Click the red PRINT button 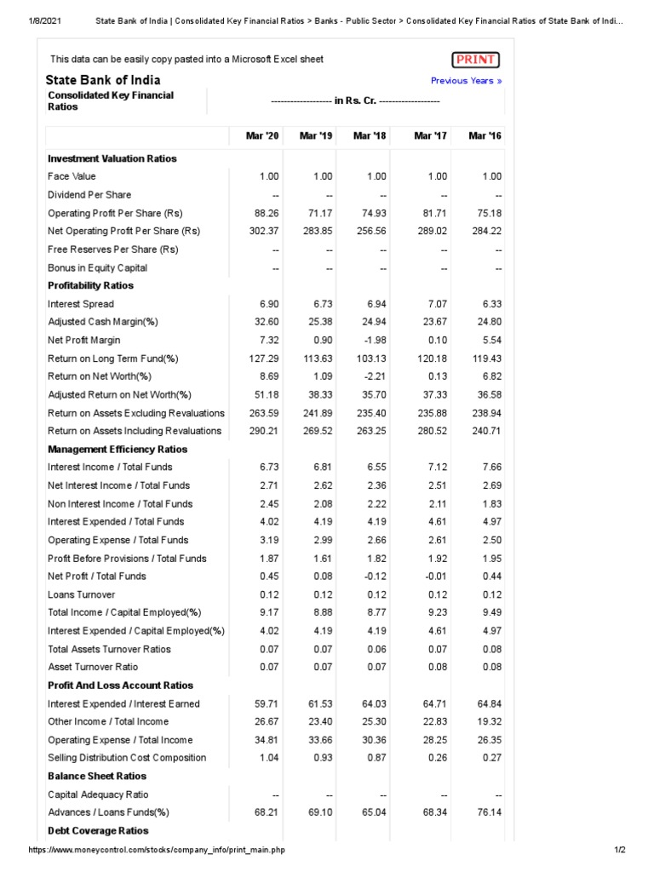point(475,60)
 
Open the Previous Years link point(466,81)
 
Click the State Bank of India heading point(103,80)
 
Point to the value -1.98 point(375,340)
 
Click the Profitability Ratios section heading point(91,285)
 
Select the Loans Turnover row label point(81,594)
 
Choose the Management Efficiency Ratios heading point(117,449)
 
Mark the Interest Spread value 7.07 point(437,304)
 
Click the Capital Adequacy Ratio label point(99,795)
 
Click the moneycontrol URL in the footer point(157,851)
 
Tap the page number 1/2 point(619,851)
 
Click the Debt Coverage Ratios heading point(98,830)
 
